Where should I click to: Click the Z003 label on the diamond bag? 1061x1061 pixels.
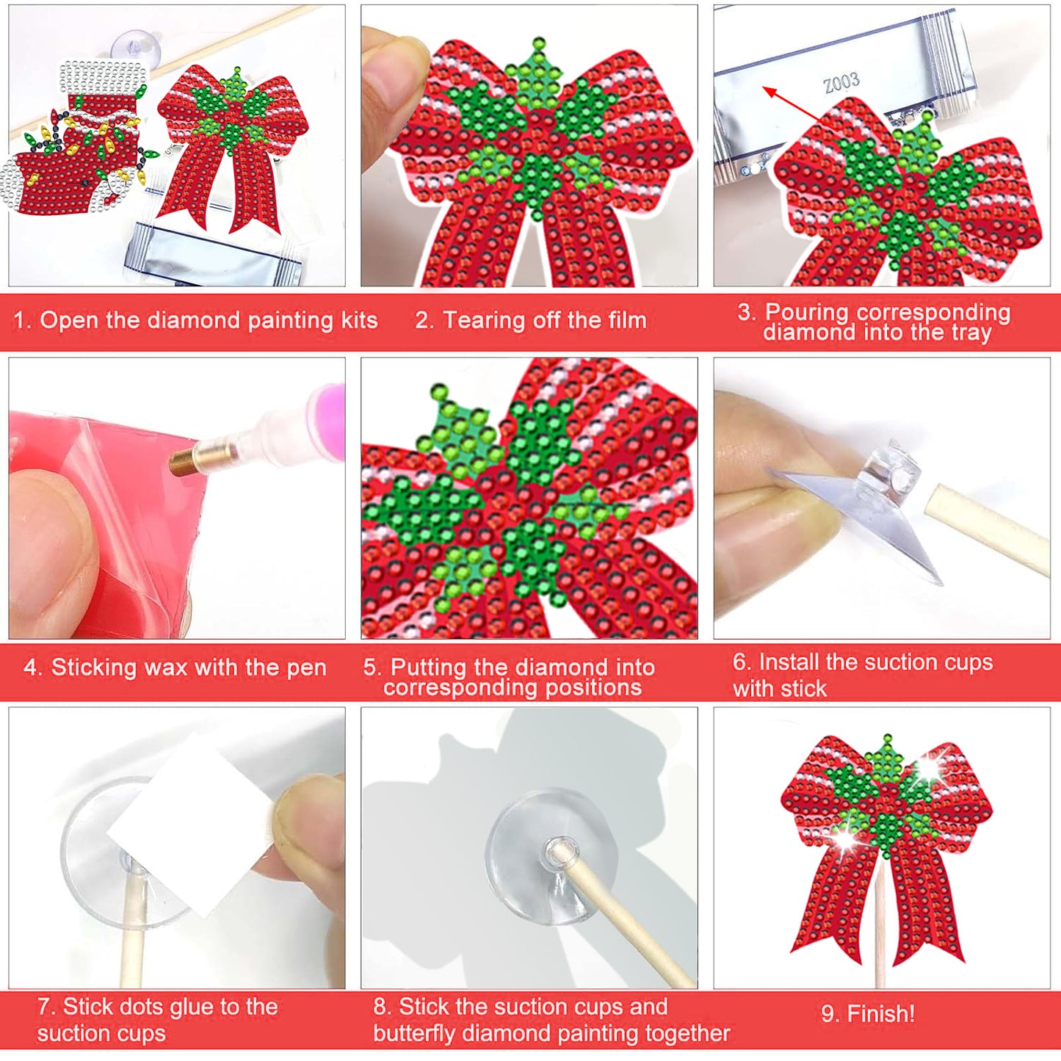point(841,82)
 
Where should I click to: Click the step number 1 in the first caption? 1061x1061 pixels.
point(21,320)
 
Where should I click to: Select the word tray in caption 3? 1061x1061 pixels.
point(971,333)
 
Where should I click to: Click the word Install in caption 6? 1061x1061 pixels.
point(789,662)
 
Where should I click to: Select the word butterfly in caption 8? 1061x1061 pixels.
point(416,1033)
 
